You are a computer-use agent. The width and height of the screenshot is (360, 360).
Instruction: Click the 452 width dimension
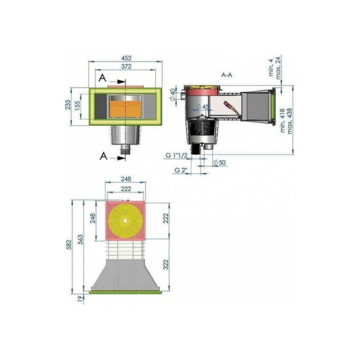click(x=126, y=58)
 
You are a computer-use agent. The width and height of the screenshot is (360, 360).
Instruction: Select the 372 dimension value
click(x=127, y=66)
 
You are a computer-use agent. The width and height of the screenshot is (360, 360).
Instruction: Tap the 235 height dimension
click(x=68, y=104)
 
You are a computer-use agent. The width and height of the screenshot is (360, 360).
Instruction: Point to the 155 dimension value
click(x=78, y=106)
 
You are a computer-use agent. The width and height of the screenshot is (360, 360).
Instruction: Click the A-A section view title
click(x=226, y=75)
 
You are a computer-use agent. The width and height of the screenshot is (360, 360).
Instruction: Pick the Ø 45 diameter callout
click(x=203, y=107)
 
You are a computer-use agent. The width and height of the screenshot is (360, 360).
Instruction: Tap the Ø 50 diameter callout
click(x=219, y=163)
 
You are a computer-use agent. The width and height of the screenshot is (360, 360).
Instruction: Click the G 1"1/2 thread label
click(x=176, y=155)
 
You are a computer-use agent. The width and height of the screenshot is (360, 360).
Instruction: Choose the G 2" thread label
click(x=181, y=170)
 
